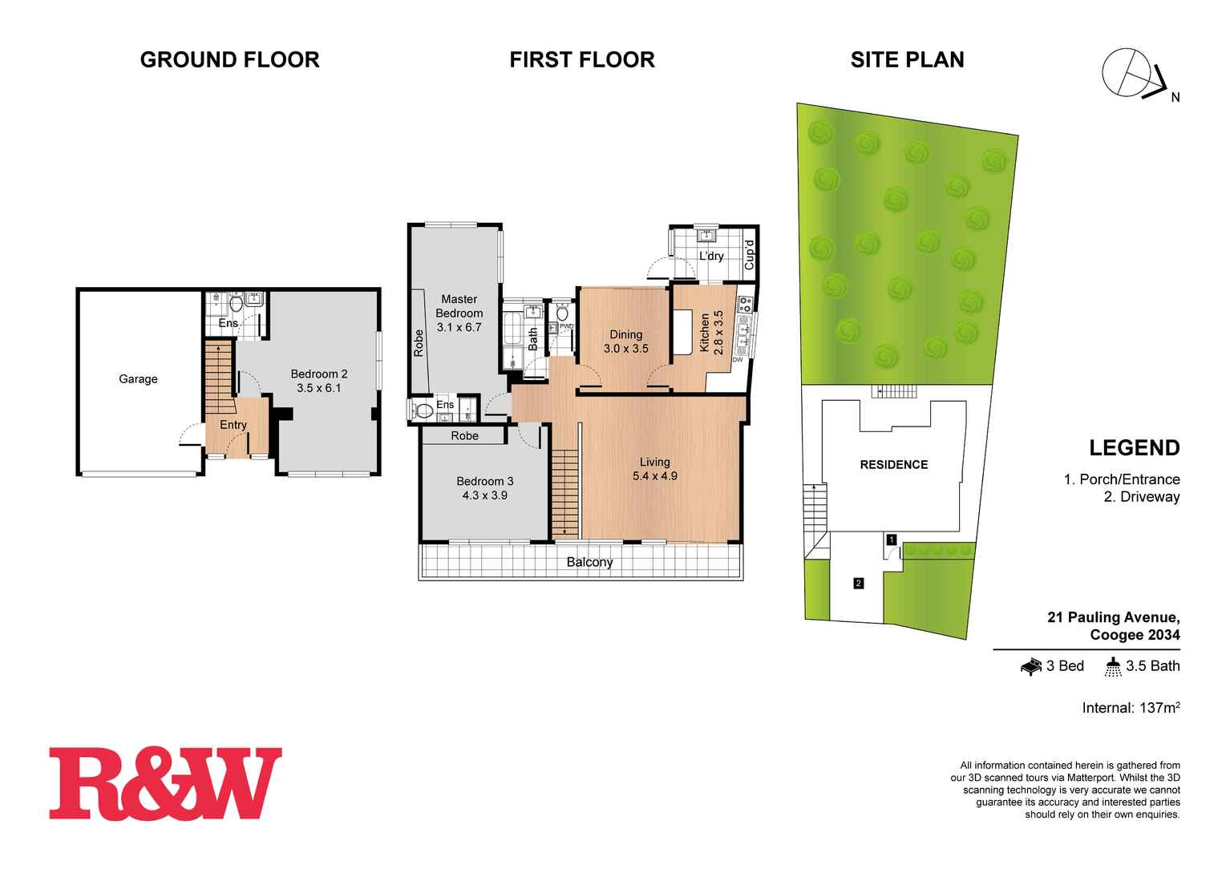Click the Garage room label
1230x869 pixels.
click(x=138, y=379)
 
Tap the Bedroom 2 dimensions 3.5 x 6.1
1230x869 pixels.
click(x=319, y=389)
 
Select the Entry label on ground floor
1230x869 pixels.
click(x=233, y=425)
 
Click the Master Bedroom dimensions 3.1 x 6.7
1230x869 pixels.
click(x=459, y=327)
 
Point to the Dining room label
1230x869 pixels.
click(x=625, y=334)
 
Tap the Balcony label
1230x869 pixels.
click(x=589, y=563)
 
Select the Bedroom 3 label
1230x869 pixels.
click(x=484, y=481)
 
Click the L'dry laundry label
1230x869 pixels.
click(x=711, y=257)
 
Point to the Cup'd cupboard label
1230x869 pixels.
click(x=750, y=254)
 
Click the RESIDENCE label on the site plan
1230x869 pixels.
click(x=894, y=465)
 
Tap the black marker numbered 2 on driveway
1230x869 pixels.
click(x=859, y=584)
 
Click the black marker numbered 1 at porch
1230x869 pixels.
click(x=891, y=540)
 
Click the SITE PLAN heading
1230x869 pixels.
click(x=907, y=59)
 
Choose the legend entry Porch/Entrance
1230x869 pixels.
click(x=1122, y=479)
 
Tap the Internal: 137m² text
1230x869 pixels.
click(x=1131, y=708)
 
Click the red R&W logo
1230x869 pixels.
click(x=166, y=784)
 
